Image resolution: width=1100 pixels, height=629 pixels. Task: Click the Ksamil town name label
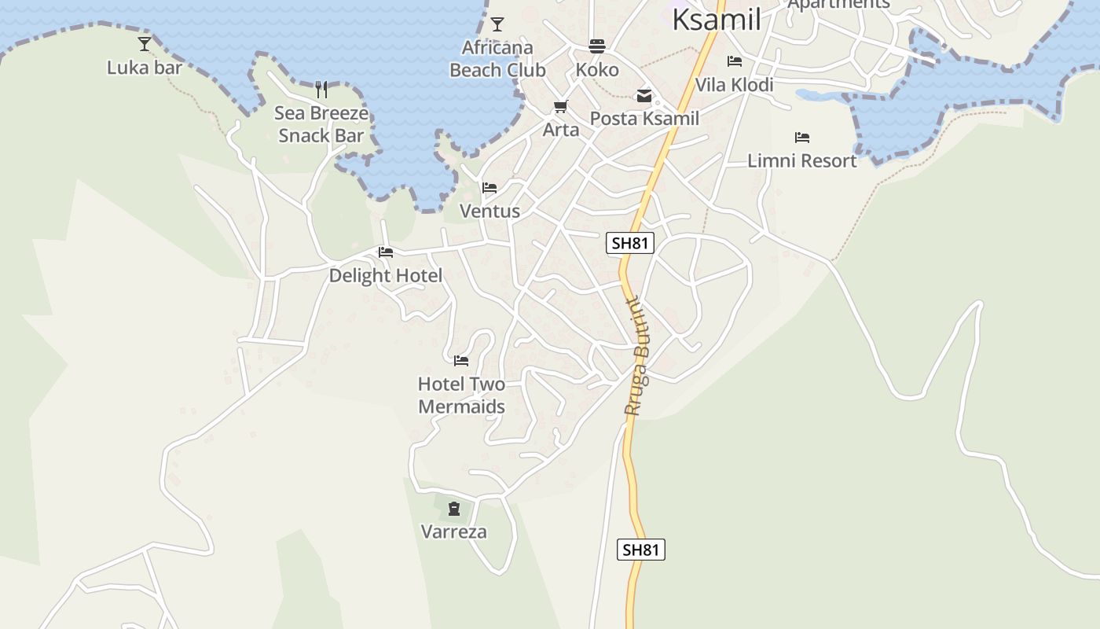pyautogui.click(x=716, y=20)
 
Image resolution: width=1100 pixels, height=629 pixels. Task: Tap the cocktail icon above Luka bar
pyautogui.click(x=145, y=43)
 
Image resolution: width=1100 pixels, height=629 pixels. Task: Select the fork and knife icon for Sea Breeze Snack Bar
pyautogui.click(x=321, y=89)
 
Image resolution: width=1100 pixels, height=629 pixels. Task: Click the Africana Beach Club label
pyautogui.click(x=497, y=59)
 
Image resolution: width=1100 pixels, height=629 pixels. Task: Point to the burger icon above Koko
pyautogui.click(x=597, y=46)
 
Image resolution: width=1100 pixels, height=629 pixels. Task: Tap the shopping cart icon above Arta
pyautogui.click(x=561, y=106)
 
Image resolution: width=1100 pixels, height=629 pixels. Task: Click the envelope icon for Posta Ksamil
pyautogui.click(x=644, y=96)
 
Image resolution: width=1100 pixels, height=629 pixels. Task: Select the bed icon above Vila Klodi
pyautogui.click(x=735, y=61)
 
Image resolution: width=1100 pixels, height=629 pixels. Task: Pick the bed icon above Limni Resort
pyautogui.click(x=801, y=137)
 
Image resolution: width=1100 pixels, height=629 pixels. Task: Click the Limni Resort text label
pyautogui.click(x=801, y=160)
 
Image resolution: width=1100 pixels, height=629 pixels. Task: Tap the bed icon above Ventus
pyautogui.click(x=489, y=188)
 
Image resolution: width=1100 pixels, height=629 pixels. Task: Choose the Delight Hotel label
pyautogui.click(x=386, y=275)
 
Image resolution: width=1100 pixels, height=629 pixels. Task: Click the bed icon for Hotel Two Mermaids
pyautogui.click(x=461, y=360)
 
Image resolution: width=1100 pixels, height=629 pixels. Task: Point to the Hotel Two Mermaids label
pyautogui.click(x=461, y=395)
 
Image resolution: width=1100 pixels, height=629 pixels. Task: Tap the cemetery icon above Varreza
pyautogui.click(x=454, y=508)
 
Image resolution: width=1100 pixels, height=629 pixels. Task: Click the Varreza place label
pyautogui.click(x=454, y=532)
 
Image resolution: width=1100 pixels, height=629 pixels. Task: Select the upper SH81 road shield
pyautogui.click(x=630, y=243)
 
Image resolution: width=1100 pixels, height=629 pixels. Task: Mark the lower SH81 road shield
pyautogui.click(x=641, y=550)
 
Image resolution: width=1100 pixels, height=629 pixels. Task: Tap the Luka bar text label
pyautogui.click(x=145, y=67)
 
